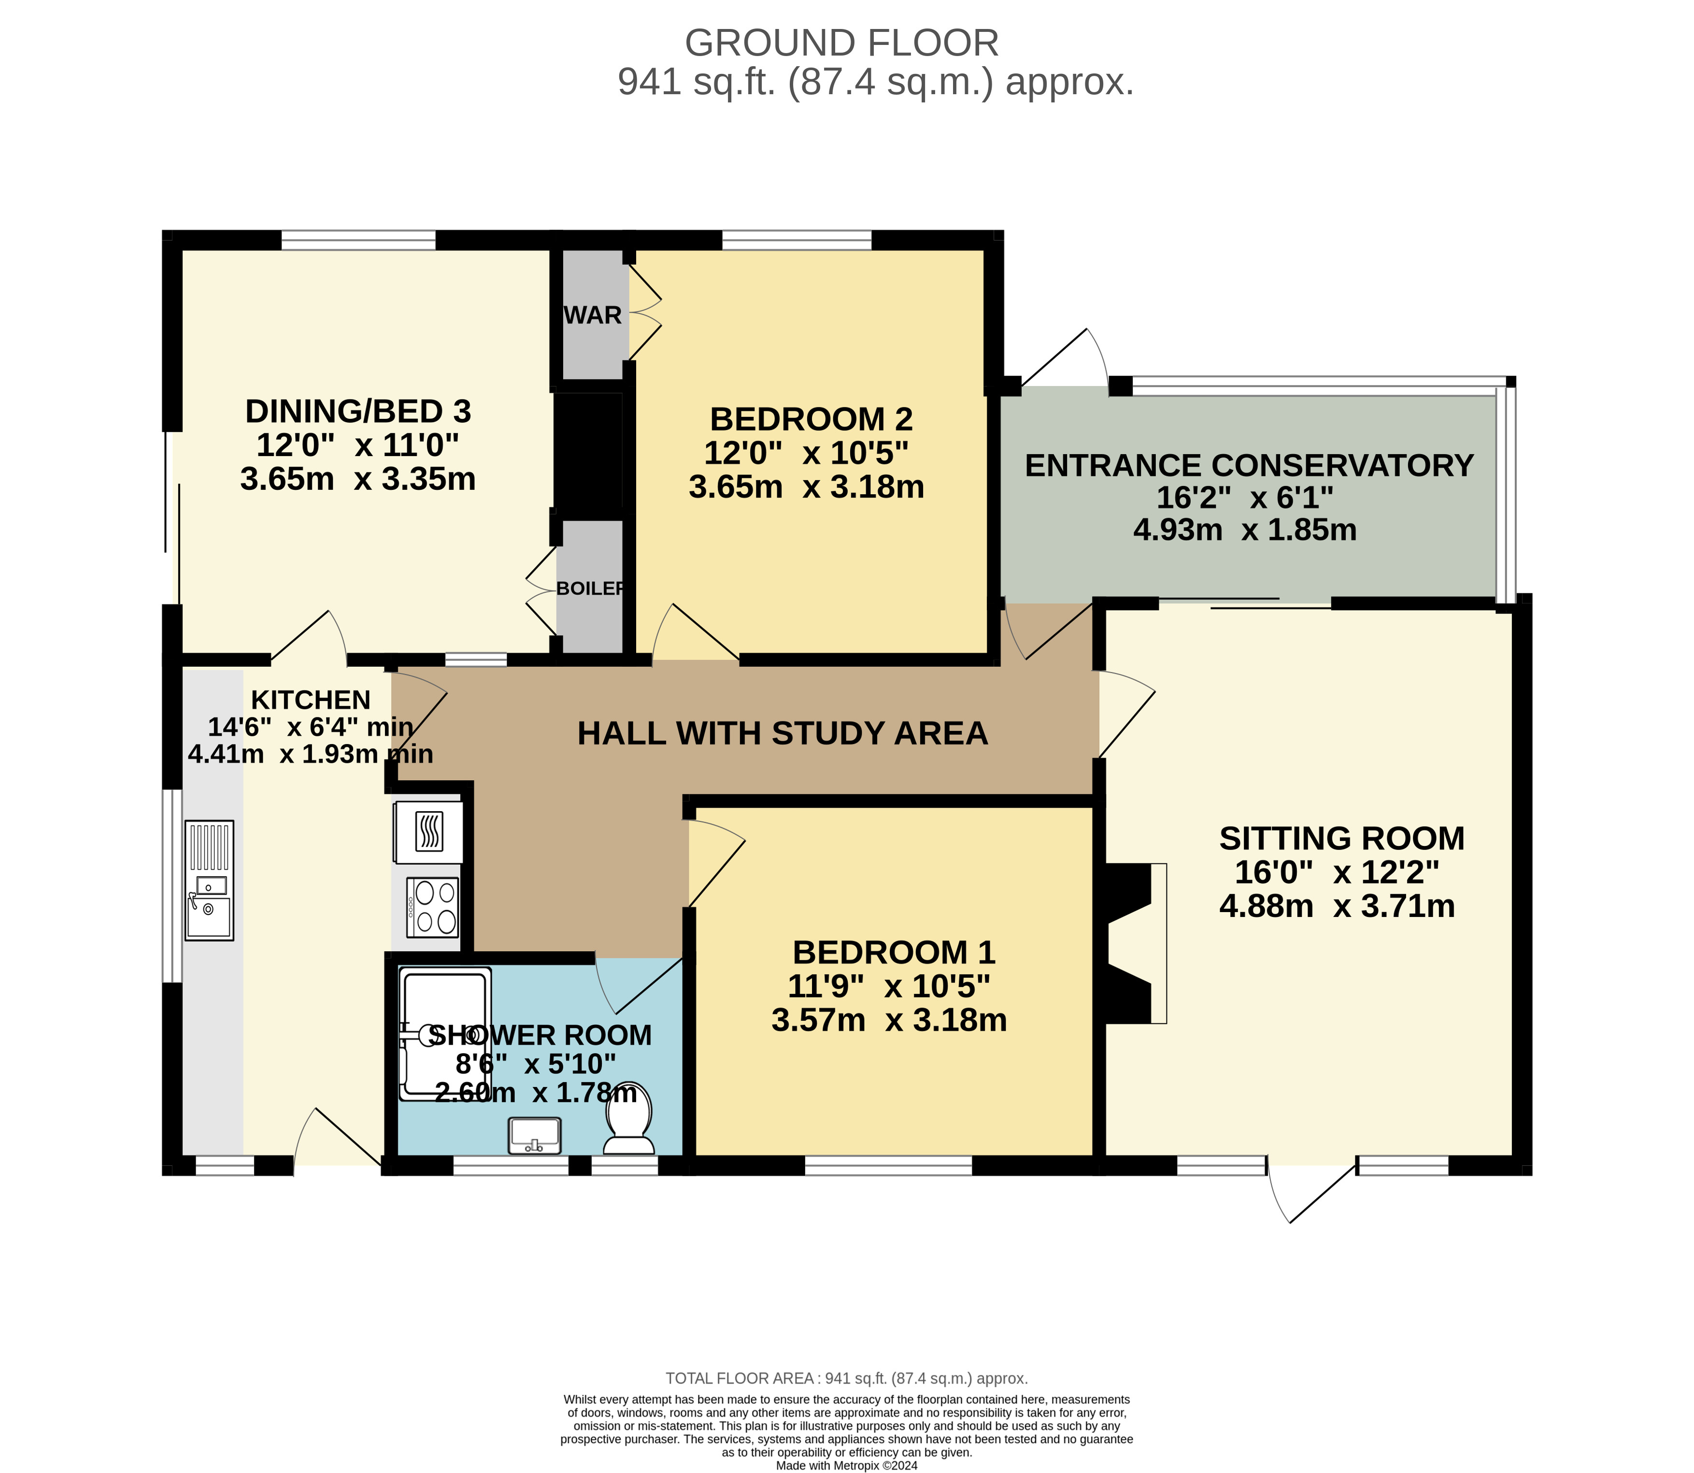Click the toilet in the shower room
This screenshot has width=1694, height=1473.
(629, 1118)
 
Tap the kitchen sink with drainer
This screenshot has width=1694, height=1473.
(210, 880)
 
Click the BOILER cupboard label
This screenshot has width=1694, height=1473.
(591, 588)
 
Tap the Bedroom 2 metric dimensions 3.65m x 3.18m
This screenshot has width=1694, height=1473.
(806, 486)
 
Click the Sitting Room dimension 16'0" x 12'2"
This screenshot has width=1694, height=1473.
(1338, 872)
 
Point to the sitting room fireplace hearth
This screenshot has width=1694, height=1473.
(1158, 943)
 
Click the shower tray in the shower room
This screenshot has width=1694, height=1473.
(445, 1034)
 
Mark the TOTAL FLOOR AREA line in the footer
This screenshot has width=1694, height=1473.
(847, 1378)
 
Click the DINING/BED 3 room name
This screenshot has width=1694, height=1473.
(358, 411)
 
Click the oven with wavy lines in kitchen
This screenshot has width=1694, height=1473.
(428, 832)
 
